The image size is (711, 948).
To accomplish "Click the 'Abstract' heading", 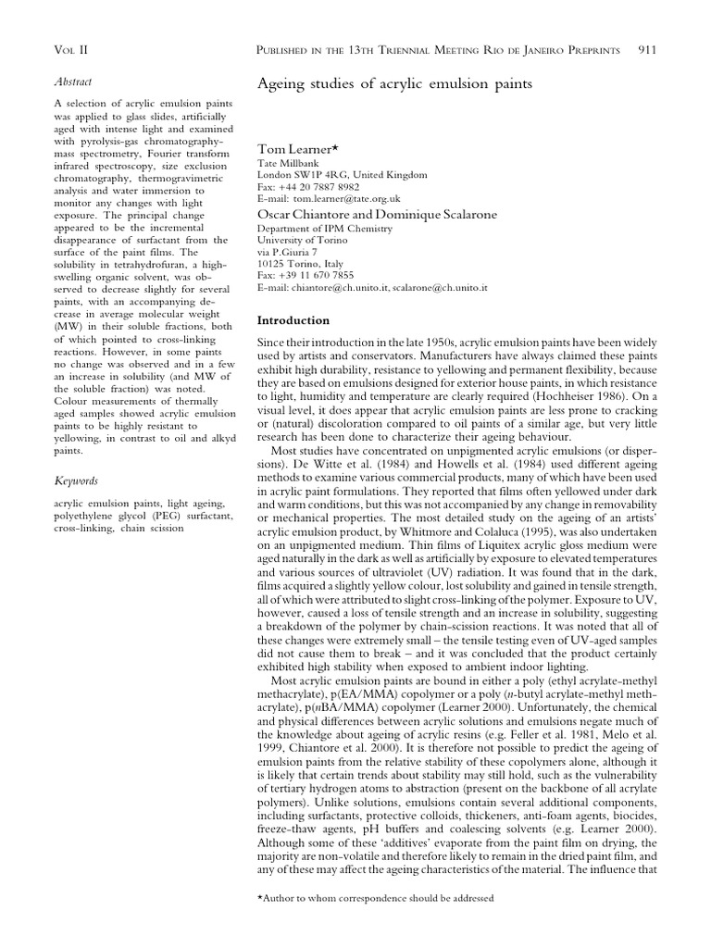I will pyautogui.click(x=75, y=81).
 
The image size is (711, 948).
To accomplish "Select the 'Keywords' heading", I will pyautogui.click(x=78, y=480).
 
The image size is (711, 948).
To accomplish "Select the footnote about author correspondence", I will pyautogui.click(x=375, y=898).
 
